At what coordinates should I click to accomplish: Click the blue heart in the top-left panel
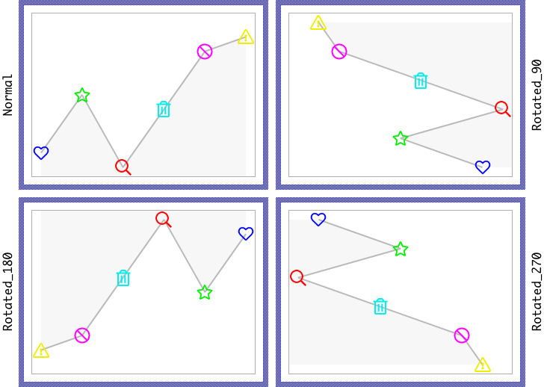tap(41, 152)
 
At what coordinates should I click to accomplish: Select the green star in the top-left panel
tap(82, 95)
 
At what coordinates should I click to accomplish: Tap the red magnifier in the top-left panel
tap(122, 166)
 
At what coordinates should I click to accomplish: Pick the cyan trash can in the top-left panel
tap(164, 109)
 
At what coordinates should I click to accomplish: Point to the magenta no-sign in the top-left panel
tap(205, 52)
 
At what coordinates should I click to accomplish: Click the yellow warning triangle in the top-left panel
tap(246, 37)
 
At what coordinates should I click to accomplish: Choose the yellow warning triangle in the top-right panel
tap(318, 23)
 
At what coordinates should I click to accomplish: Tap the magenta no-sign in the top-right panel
tap(339, 52)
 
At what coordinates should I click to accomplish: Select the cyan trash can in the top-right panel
tap(421, 81)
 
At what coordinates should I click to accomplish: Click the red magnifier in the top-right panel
tap(501, 108)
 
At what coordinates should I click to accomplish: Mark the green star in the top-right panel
tap(401, 138)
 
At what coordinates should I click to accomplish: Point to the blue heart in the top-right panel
tap(483, 167)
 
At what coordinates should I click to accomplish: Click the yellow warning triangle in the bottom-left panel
tap(41, 351)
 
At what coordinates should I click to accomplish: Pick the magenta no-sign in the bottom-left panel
tap(82, 335)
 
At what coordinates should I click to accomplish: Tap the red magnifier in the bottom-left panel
tap(162, 218)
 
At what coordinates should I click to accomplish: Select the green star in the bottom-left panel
tap(205, 292)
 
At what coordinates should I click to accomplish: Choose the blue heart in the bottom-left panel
tap(246, 233)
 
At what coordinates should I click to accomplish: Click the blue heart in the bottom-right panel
tap(318, 219)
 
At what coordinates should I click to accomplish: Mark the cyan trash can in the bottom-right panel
tap(380, 306)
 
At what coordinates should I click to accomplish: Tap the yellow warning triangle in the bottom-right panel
tap(483, 365)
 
